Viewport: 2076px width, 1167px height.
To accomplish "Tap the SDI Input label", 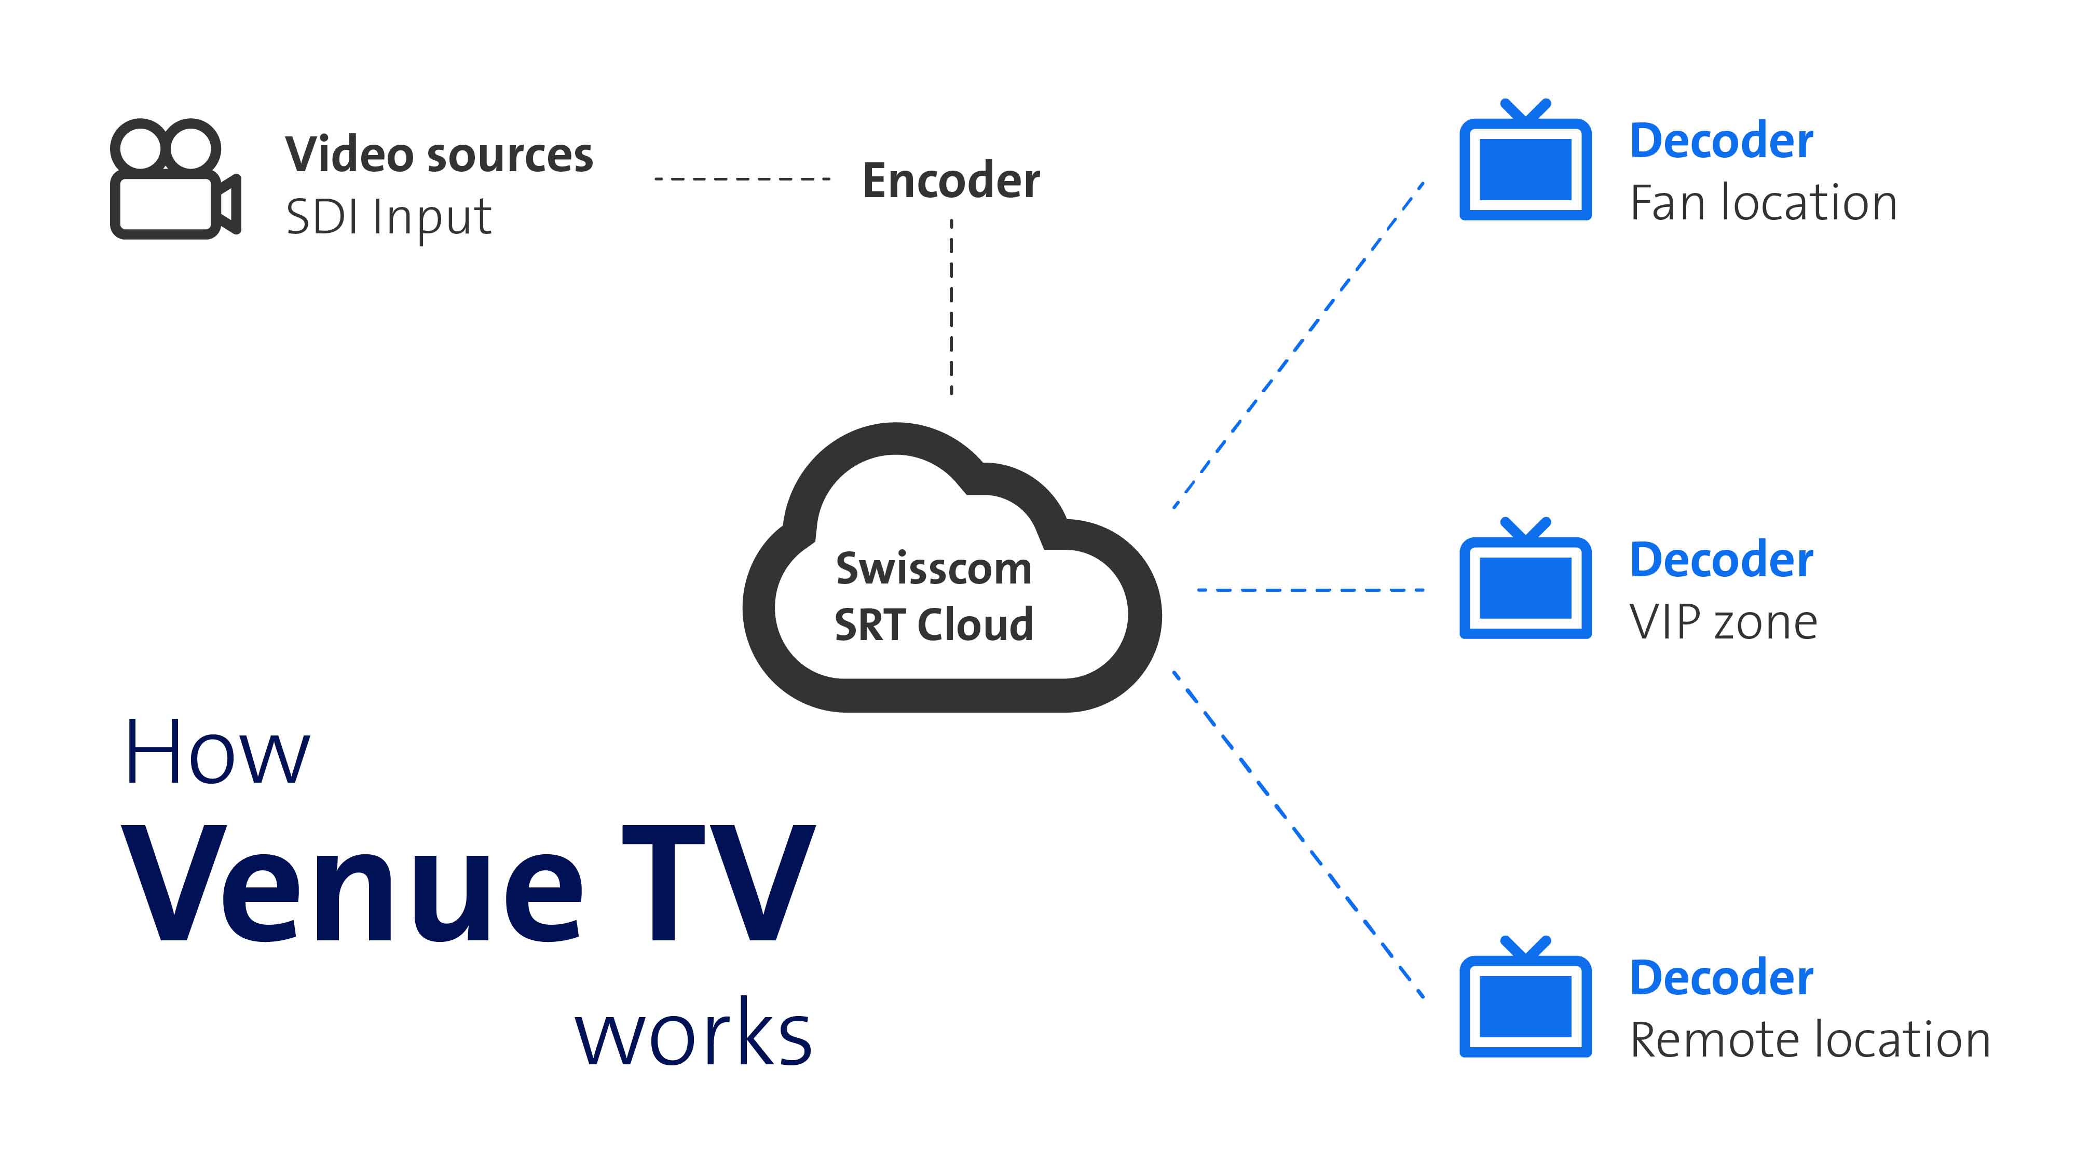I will tap(388, 217).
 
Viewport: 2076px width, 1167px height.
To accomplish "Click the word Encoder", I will tap(951, 180).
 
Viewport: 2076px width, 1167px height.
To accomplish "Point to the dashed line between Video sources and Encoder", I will tap(742, 179).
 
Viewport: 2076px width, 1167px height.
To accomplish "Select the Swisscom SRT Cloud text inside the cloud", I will tap(933, 596).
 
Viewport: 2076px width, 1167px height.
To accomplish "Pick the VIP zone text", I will tap(1723, 622).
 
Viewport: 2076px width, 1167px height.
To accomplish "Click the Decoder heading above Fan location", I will tap(1722, 141).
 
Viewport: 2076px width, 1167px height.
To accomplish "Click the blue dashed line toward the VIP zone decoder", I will tap(1310, 590).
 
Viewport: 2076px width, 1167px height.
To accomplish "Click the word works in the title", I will tap(693, 1034).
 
